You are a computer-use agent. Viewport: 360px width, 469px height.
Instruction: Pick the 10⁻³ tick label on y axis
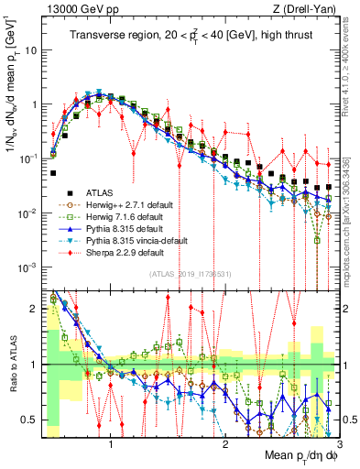pyautogui.click(x=27, y=267)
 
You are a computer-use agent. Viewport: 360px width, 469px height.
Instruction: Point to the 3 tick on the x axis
pyautogui.click(x=327, y=444)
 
